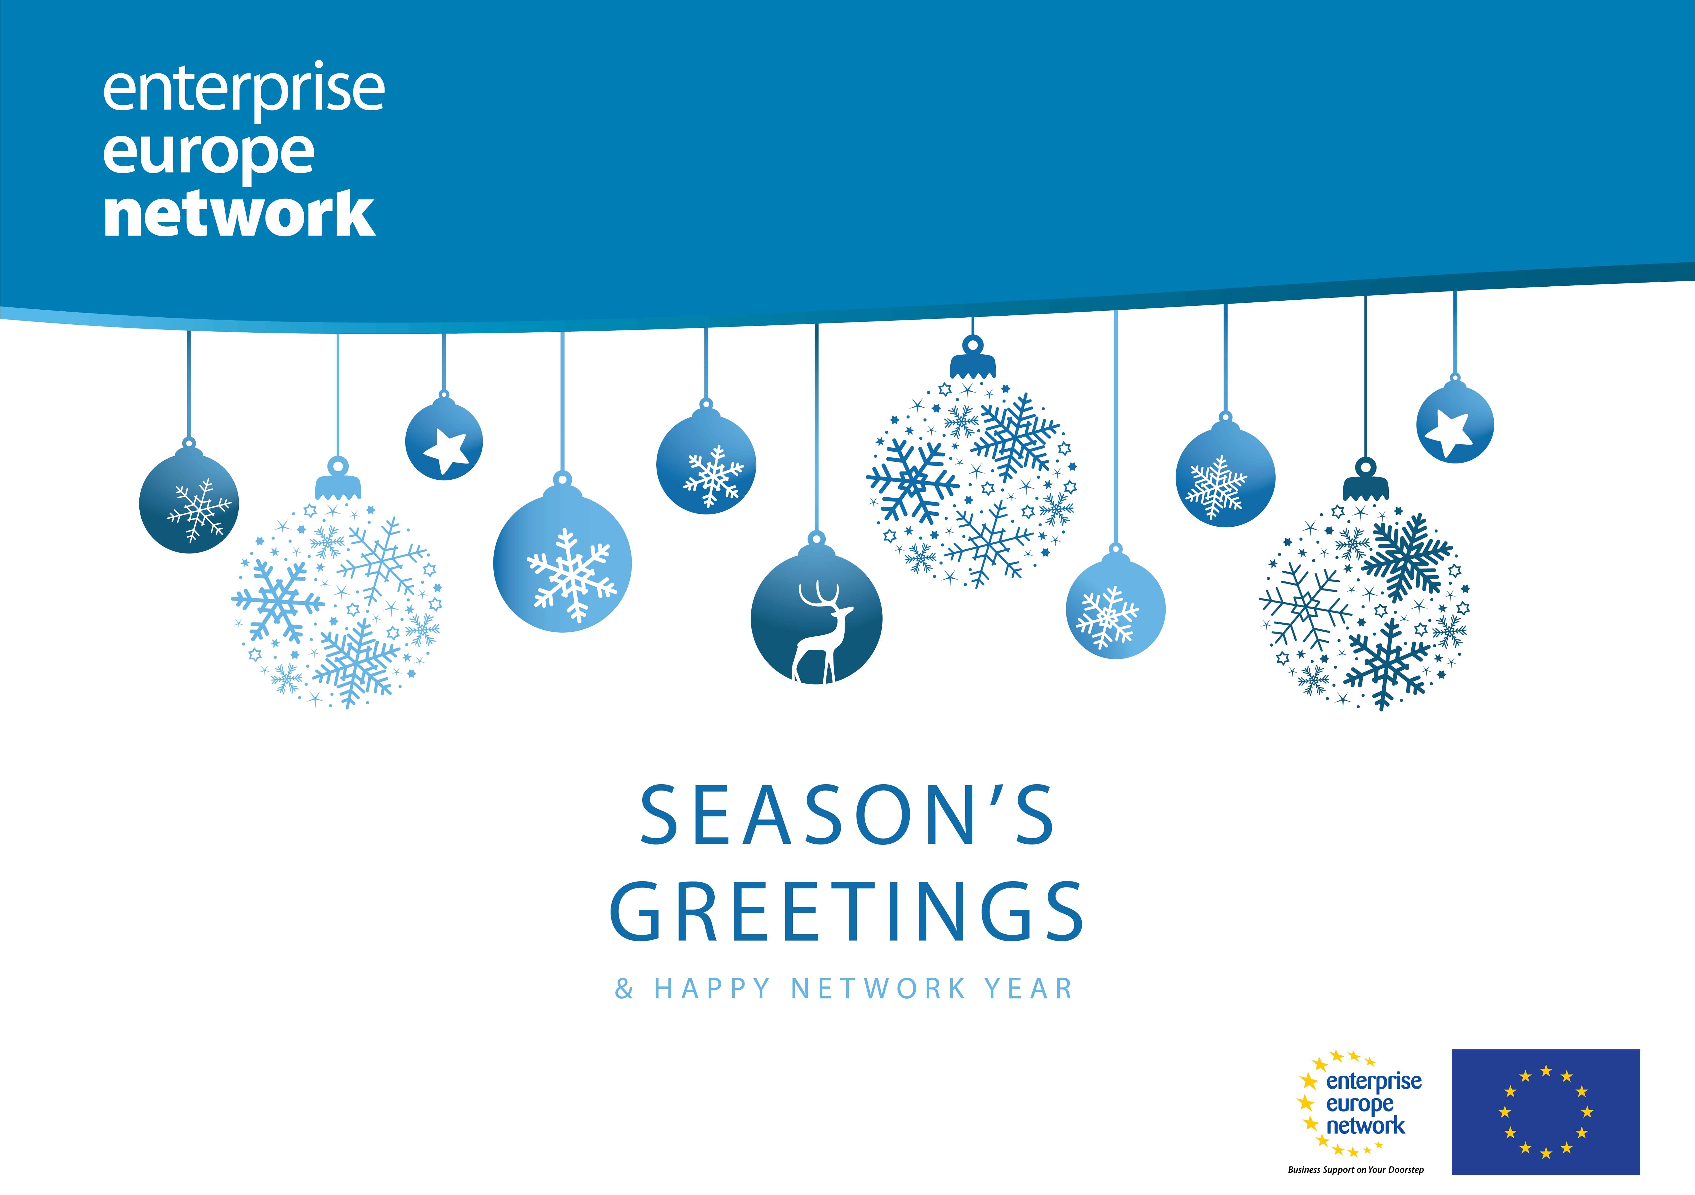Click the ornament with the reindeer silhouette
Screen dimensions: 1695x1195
point(817,616)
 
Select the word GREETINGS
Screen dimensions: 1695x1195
point(847,912)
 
